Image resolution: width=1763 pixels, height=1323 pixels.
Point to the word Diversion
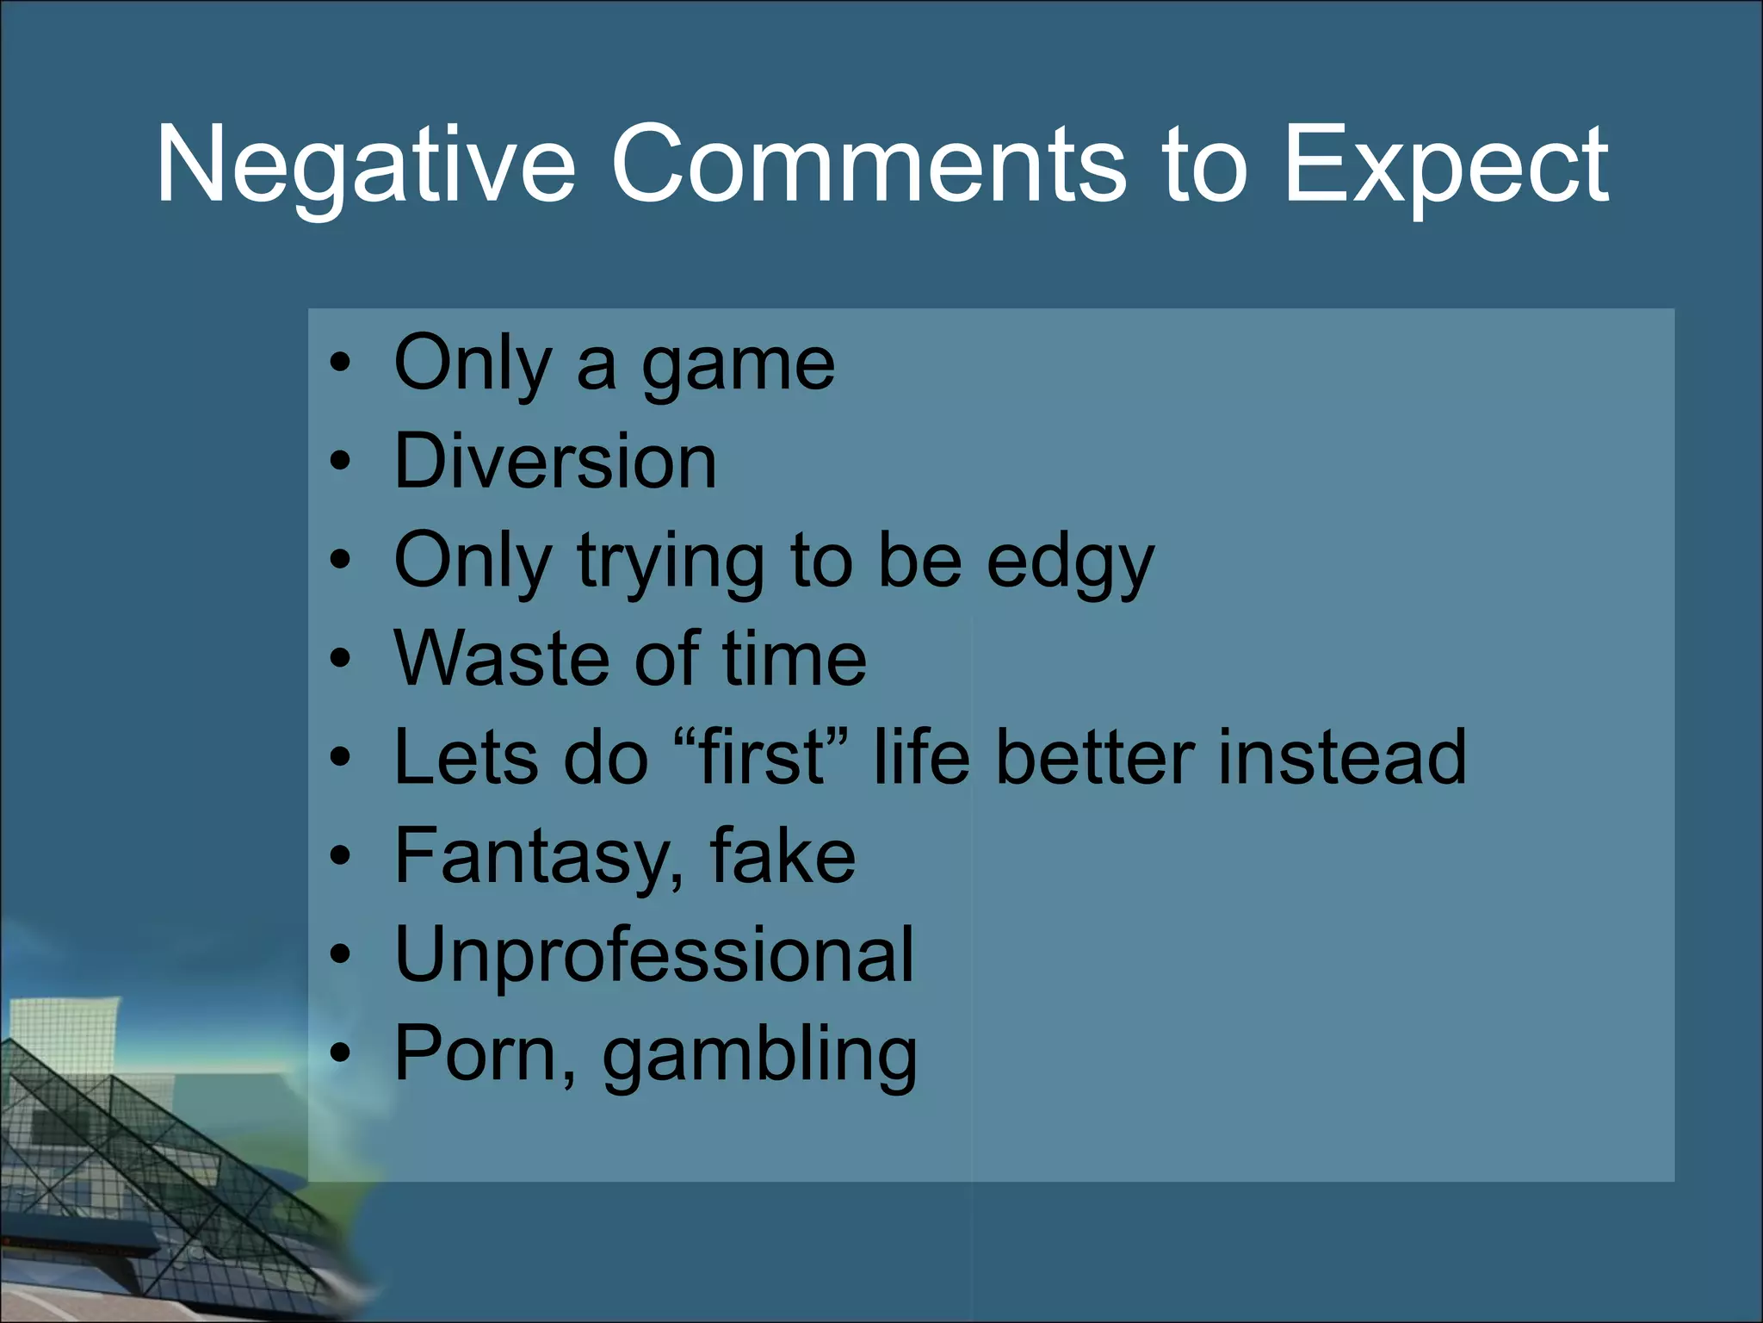pyautogui.click(x=555, y=462)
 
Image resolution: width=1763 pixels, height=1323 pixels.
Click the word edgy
pyautogui.click(x=1069, y=562)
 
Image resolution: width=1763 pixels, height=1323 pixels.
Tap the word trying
pyautogui.click(x=671, y=562)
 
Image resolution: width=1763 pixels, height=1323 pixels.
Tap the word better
pyautogui.click(x=1094, y=757)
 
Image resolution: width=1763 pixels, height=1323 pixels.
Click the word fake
pyautogui.click(x=783, y=856)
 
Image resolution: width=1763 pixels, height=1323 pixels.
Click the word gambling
pyautogui.click(x=759, y=1055)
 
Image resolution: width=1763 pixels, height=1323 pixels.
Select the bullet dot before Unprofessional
pyautogui.click(x=341, y=955)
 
